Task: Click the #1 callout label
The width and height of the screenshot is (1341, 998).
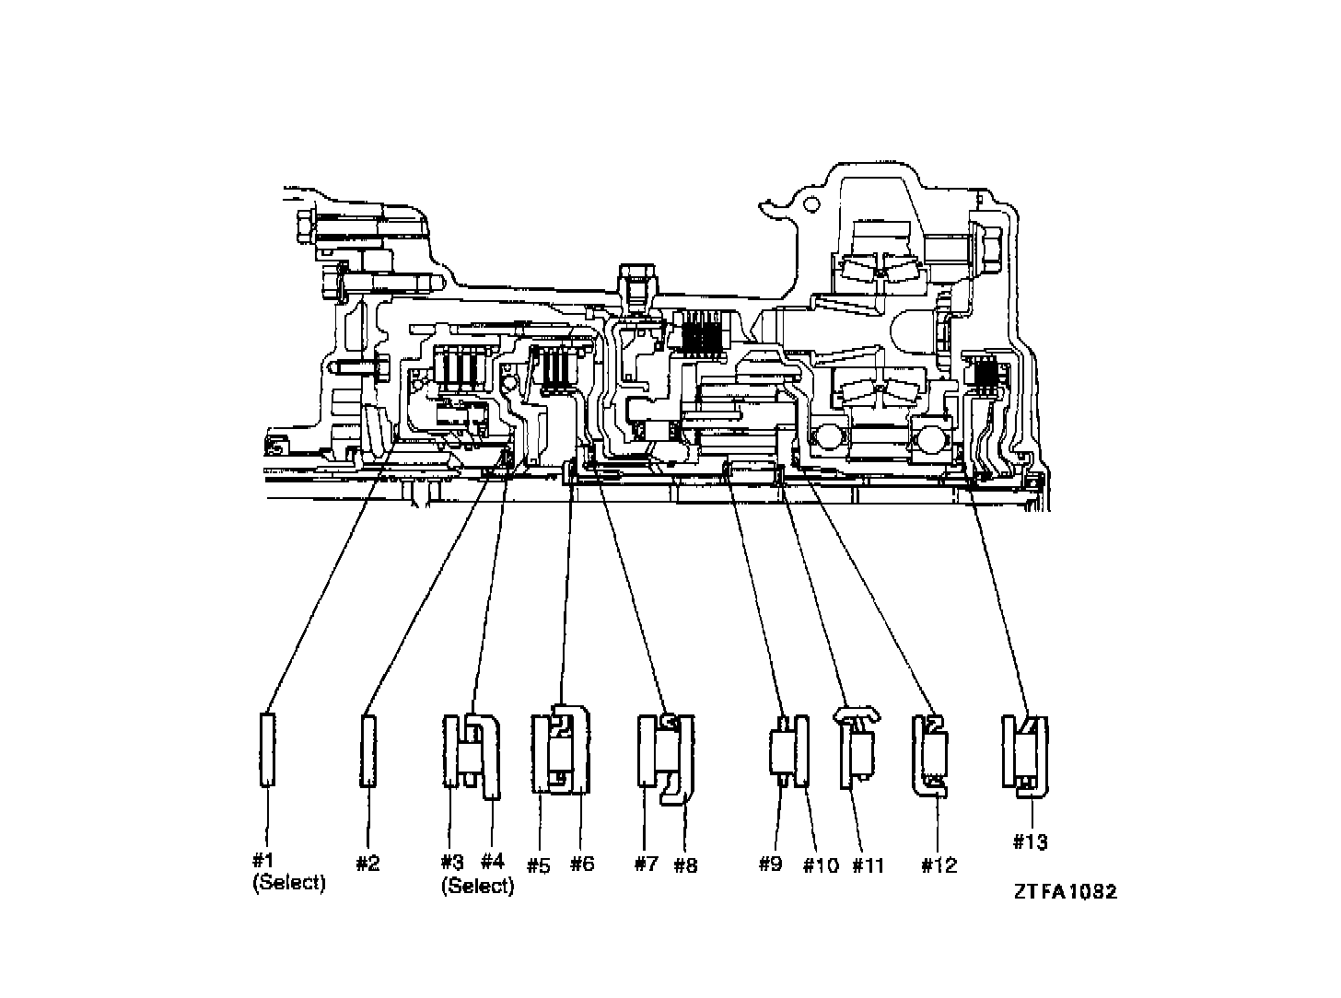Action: [263, 860]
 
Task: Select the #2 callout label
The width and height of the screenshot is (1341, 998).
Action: [367, 863]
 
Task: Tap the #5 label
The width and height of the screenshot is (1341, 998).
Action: [538, 865]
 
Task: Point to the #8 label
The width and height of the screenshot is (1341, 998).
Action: [685, 865]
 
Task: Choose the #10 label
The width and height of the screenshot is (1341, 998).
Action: [821, 865]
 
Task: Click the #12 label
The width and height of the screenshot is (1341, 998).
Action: [939, 865]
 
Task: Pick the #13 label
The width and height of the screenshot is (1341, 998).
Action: [1032, 841]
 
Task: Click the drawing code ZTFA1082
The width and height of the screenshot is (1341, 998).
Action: [1066, 891]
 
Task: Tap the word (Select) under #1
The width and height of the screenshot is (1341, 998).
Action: [288, 882]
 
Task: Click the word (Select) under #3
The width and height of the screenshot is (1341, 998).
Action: [477, 886]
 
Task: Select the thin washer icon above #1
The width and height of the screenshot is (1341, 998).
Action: [266, 749]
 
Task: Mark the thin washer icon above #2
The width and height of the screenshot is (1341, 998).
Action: [367, 750]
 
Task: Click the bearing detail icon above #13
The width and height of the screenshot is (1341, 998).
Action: [1026, 752]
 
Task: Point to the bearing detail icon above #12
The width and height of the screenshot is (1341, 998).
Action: [931, 753]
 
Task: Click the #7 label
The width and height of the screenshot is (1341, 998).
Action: [647, 864]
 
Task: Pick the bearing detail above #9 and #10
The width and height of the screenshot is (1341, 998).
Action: [788, 750]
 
